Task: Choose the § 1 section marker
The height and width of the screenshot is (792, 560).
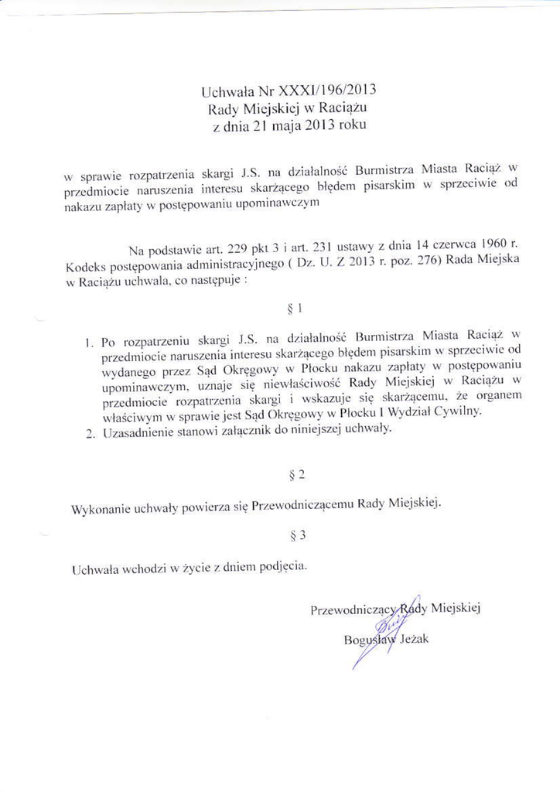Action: [x=293, y=310]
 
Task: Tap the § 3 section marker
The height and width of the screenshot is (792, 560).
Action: [x=293, y=538]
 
